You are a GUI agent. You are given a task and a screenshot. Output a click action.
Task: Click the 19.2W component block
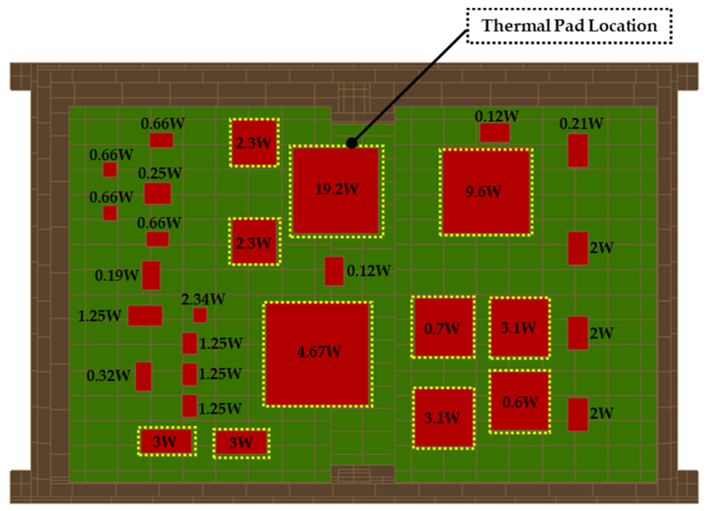(336, 190)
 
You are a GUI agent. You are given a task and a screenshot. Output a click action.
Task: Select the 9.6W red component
(486, 191)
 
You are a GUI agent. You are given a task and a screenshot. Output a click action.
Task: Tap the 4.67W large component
(317, 354)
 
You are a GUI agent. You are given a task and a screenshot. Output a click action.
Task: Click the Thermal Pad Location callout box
(569, 26)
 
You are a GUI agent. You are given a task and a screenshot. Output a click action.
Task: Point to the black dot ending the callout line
(351, 143)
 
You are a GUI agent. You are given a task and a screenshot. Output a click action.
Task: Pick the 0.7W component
(443, 327)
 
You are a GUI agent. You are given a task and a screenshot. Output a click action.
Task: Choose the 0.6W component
(519, 401)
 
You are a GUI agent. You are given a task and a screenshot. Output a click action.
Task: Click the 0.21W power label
(581, 123)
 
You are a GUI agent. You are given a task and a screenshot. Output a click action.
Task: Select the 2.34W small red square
(200, 315)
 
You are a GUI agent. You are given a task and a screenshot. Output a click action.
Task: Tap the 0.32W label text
(108, 376)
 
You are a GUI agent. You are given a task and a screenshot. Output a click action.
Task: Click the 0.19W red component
(151, 275)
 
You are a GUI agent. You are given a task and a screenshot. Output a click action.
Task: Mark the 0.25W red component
(158, 193)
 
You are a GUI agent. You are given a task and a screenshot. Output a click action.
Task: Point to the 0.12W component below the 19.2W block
(334, 271)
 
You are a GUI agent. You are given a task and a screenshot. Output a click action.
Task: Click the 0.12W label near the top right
(496, 116)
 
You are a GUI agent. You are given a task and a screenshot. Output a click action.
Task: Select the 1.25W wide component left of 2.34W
(145, 316)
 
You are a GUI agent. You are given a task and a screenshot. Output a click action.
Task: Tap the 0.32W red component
(143, 376)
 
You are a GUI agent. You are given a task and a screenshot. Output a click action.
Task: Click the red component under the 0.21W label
(577, 150)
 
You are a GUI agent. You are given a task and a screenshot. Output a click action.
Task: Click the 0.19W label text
(116, 275)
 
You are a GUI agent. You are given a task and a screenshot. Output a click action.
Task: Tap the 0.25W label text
(160, 173)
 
